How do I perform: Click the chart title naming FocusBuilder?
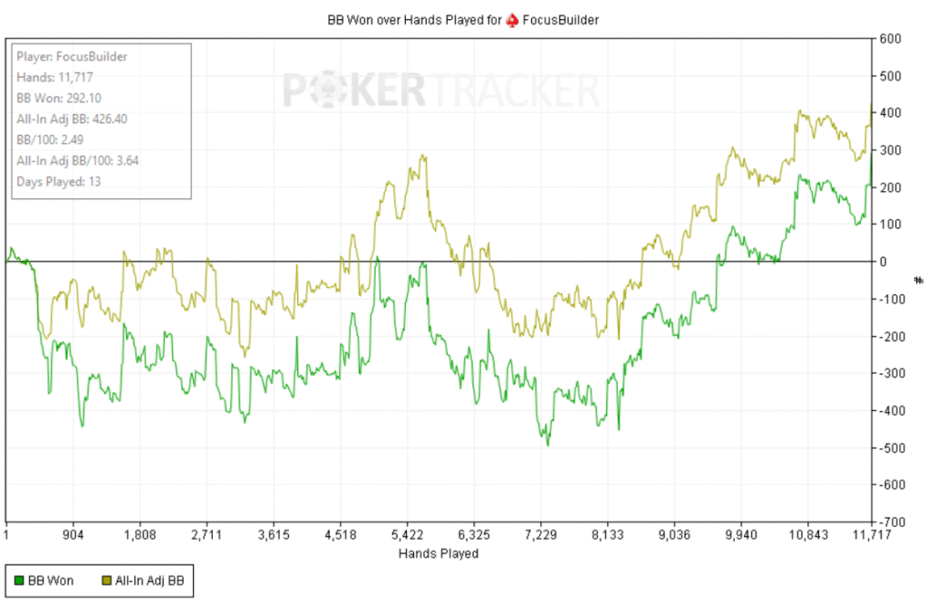(463, 19)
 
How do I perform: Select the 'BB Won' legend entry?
(47, 579)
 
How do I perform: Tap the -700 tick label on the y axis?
(892, 522)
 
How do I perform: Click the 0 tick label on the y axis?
(884, 261)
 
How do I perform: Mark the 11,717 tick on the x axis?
(870, 535)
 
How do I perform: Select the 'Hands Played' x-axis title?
(438, 554)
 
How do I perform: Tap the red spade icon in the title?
(512, 19)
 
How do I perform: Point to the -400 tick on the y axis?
(892, 410)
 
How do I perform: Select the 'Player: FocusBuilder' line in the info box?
(71, 56)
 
